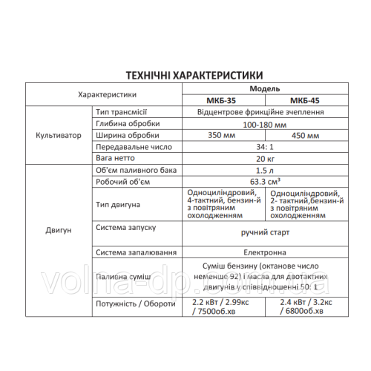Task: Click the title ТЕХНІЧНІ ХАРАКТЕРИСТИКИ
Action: (185, 76)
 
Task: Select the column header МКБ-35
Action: (223, 101)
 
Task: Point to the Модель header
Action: (264, 88)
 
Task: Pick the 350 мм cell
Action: (223, 137)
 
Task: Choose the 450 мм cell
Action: (306, 137)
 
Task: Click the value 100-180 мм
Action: (264, 125)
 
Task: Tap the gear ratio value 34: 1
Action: (264, 148)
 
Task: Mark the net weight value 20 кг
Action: (264, 160)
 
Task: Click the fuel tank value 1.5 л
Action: (264, 171)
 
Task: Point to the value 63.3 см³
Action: (264, 183)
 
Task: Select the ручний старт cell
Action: (264, 232)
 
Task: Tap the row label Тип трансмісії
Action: (122, 112)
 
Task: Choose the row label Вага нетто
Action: (114, 160)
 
